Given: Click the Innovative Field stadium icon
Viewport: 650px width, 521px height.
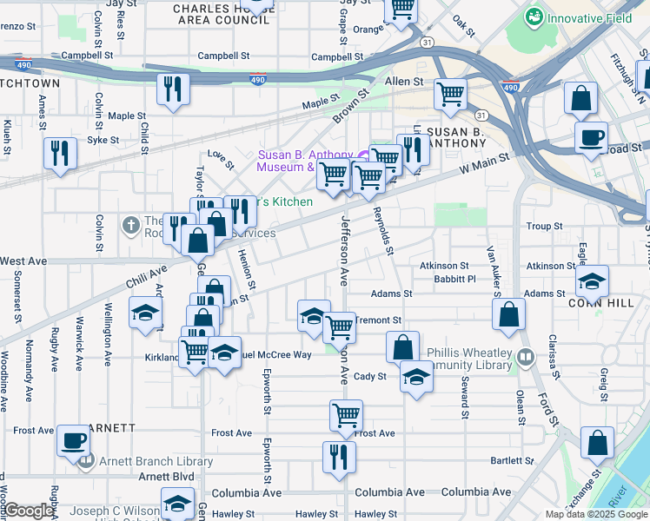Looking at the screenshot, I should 534,16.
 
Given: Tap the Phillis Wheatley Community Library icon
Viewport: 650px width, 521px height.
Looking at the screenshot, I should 525,357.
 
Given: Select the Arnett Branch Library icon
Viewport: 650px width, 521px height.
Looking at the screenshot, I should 86,461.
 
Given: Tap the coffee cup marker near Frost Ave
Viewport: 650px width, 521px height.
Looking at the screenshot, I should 73,440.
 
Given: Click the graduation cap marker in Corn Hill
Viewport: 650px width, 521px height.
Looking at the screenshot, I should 593,281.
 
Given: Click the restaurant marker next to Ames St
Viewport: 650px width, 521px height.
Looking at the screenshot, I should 61,154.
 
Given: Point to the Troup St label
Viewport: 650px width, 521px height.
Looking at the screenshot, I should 545,226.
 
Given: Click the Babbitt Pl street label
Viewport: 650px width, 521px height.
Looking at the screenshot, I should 460,280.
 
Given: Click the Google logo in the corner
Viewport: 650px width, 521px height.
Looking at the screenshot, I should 29,511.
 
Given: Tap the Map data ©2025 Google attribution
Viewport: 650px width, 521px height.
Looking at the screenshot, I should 596,514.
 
